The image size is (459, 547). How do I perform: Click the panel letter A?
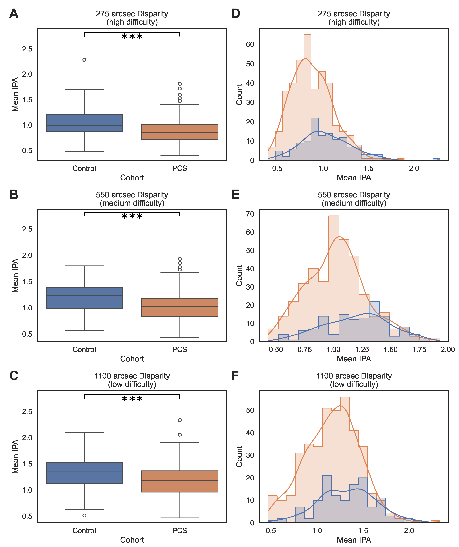pyautogui.click(x=14, y=14)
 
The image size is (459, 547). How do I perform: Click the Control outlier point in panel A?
pyautogui.click(x=84, y=60)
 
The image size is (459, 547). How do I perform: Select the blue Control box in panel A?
pyautogui.click(x=84, y=123)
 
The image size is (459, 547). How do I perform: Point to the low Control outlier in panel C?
pyautogui.click(x=84, y=516)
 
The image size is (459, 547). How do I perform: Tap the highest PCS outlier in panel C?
pyautogui.click(x=180, y=420)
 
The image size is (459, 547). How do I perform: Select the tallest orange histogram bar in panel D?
pyautogui.click(x=307, y=97)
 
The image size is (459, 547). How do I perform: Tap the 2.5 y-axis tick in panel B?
pyautogui.click(x=27, y=229)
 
